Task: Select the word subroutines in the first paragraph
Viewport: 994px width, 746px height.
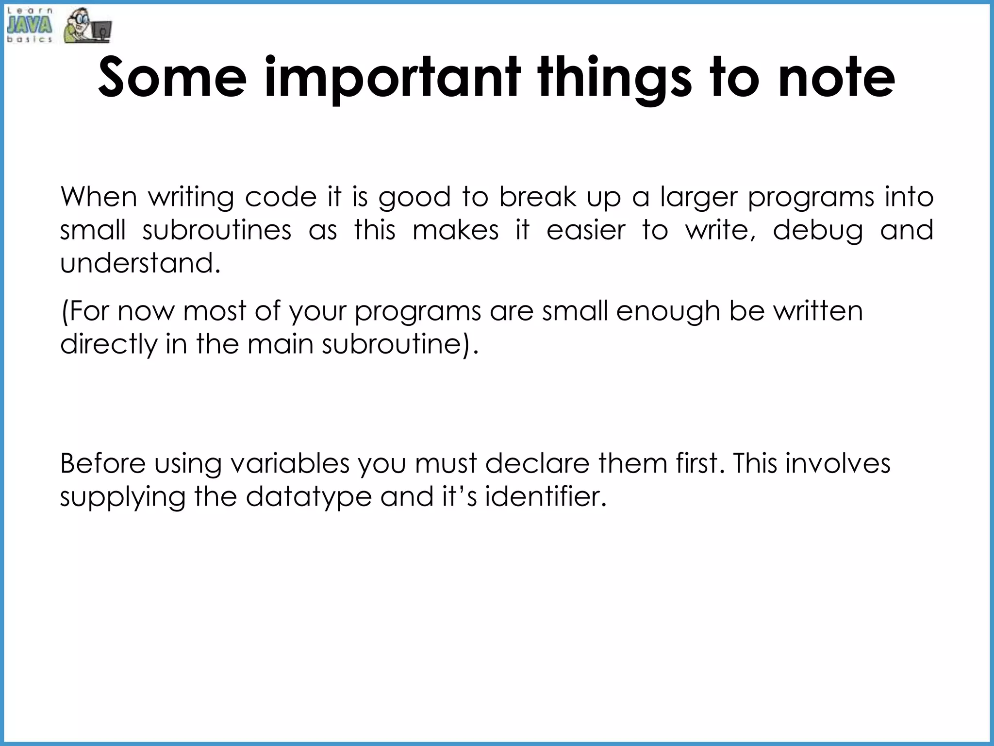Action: pyautogui.click(x=216, y=230)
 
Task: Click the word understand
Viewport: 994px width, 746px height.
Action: pyautogui.click(x=140, y=263)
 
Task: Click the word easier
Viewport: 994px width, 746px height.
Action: pyautogui.click(x=586, y=230)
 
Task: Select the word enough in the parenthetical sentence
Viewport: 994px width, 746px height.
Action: pyautogui.click(x=667, y=312)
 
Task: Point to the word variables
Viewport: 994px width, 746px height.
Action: pyautogui.click(x=290, y=463)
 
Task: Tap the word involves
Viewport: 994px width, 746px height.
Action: pyautogui.click(x=838, y=463)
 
